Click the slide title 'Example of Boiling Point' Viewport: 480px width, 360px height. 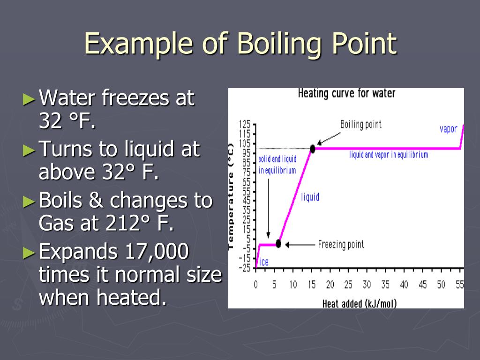240,44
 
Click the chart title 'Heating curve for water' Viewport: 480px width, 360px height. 346,93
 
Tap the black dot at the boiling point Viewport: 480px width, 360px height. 313,149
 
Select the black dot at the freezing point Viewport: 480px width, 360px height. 278,244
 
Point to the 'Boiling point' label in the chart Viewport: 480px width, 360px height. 360,124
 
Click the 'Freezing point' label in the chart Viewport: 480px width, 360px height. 341,244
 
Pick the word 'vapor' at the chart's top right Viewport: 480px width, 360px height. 448,129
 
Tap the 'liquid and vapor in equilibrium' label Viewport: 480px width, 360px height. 389,155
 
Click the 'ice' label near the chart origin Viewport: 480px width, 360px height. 264,262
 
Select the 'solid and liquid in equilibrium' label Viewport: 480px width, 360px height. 277,165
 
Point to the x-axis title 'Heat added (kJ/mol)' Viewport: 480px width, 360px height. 360,303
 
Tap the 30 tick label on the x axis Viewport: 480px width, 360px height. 367,285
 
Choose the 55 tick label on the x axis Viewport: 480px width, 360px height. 459,285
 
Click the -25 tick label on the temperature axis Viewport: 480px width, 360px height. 244,268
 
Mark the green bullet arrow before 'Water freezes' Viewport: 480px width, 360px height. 29,99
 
